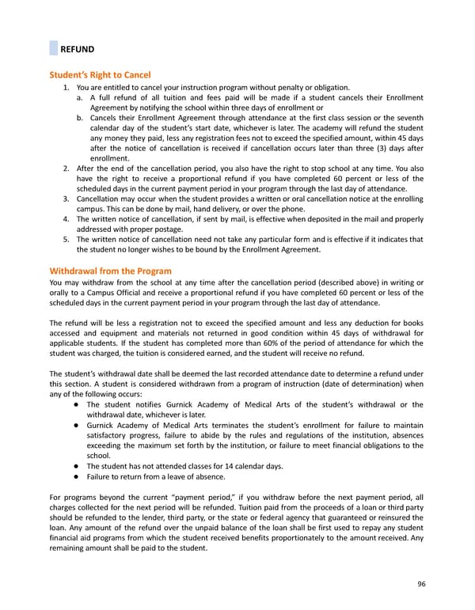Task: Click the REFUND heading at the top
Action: pos(78,49)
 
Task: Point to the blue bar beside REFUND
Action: pos(53,48)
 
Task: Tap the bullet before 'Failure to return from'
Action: pos(70,476)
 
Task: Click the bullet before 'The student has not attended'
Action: pos(70,466)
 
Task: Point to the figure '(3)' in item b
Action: pos(363,148)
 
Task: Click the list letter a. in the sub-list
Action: pos(81,97)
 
